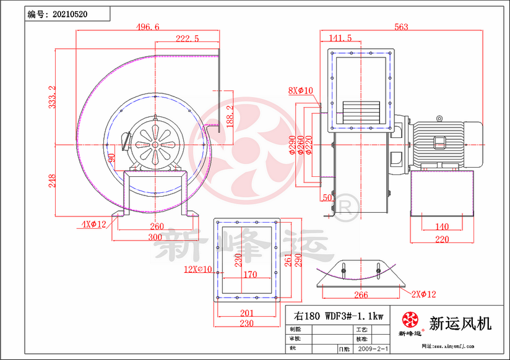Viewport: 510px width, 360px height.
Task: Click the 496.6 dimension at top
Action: tap(148, 27)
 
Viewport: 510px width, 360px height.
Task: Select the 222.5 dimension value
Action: tap(187, 38)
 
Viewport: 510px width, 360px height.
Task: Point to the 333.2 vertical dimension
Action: tap(53, 97)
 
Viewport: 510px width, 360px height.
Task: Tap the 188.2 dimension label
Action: tap(230, 116)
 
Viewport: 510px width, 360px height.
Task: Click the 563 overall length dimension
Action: tap(401, 27)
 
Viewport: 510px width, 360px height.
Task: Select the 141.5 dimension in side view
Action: tap(340, 38)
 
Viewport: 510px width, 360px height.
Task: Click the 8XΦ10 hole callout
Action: tap(301, 91)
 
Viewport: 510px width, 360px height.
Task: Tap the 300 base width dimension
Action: tap(155, 237)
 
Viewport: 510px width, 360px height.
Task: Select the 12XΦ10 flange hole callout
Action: tap(198, 269)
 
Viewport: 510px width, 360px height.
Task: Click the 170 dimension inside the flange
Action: tap(249, 274)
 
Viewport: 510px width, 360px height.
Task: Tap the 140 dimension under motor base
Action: tap(441, 226)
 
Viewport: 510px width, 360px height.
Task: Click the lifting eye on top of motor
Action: tap(439, 118)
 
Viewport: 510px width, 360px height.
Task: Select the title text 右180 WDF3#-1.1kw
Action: tap(339, 315)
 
